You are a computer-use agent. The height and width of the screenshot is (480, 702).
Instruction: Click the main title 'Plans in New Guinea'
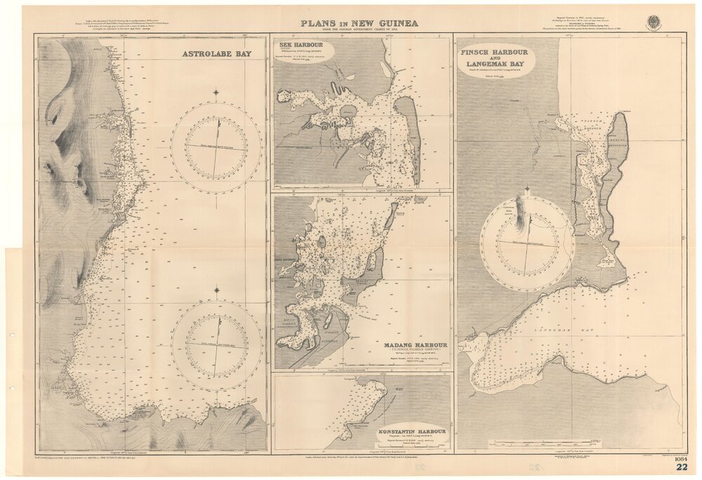(x=359, y=23)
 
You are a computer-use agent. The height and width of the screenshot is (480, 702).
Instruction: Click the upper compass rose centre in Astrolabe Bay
(x=216, y=148)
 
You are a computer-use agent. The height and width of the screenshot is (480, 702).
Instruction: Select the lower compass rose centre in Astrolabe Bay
(x=216, y=346)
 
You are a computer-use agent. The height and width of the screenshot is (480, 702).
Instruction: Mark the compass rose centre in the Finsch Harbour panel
(x=527, y=243)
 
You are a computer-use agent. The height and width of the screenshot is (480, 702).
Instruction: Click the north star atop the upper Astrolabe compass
(x=216, y=92)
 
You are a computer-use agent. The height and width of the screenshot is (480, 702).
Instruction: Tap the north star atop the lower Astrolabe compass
(x=216, y=290)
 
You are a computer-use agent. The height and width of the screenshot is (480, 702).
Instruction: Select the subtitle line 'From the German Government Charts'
(x=359, y=31)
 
